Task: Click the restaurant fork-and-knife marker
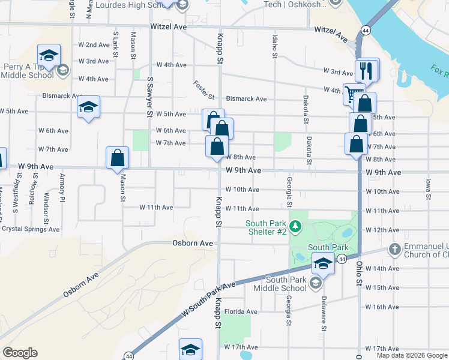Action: (367, 71)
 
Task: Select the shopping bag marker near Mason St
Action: (118, 158)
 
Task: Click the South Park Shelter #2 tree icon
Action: (295, 227)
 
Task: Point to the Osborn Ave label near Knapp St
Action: (193, 243)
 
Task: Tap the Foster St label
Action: (204, 90)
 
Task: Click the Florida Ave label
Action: (241, 311)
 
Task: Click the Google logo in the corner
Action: (20, 353)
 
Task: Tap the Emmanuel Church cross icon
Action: (395, 248)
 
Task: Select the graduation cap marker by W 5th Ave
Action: (89, 107)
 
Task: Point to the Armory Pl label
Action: (62, 187)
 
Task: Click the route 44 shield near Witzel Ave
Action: (365, 29)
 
